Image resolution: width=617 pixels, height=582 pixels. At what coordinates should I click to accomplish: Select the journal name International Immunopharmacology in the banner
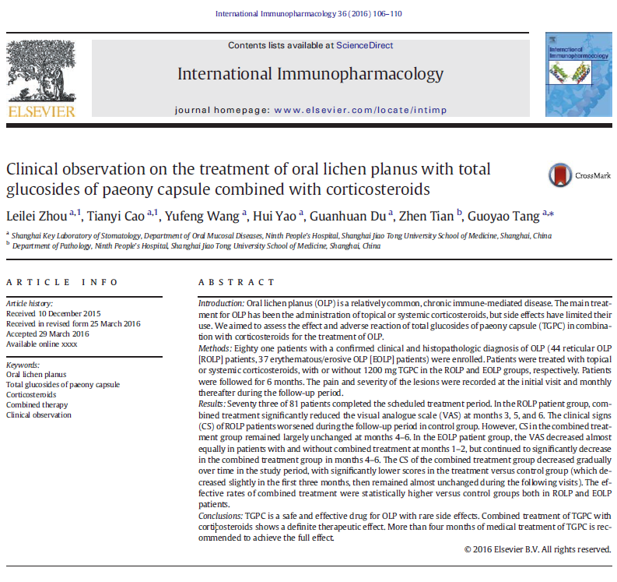point(310,74)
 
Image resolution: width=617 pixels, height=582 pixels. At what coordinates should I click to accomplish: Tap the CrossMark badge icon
point(559,175)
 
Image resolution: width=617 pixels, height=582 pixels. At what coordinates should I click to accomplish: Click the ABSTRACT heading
point(237,282)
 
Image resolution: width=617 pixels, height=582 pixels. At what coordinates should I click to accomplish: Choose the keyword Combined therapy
point(37,405)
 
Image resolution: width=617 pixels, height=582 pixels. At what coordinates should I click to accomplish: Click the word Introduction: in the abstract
point(221,302)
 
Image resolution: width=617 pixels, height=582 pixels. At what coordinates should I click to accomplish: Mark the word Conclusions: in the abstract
point(221,515)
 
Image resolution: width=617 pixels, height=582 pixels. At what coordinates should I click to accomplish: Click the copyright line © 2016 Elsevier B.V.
point(537,549)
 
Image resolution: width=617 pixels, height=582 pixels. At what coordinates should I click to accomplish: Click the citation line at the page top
point(308,14)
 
